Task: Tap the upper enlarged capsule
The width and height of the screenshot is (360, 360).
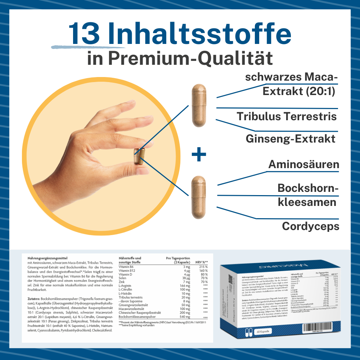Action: [x=198, y=105]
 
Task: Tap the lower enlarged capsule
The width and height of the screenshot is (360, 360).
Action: [x=198, y=197]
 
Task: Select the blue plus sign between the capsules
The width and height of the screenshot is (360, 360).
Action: [x=199, y=155]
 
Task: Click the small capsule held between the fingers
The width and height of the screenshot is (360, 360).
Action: [x=139, y=157]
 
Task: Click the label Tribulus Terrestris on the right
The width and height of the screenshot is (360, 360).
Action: [x=287, y=116]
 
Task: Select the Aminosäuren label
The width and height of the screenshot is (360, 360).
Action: [x=303, y=165]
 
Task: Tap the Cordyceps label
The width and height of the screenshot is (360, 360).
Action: [x=310, y=226]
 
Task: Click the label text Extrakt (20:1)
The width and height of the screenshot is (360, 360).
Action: [x=299, y=91]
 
